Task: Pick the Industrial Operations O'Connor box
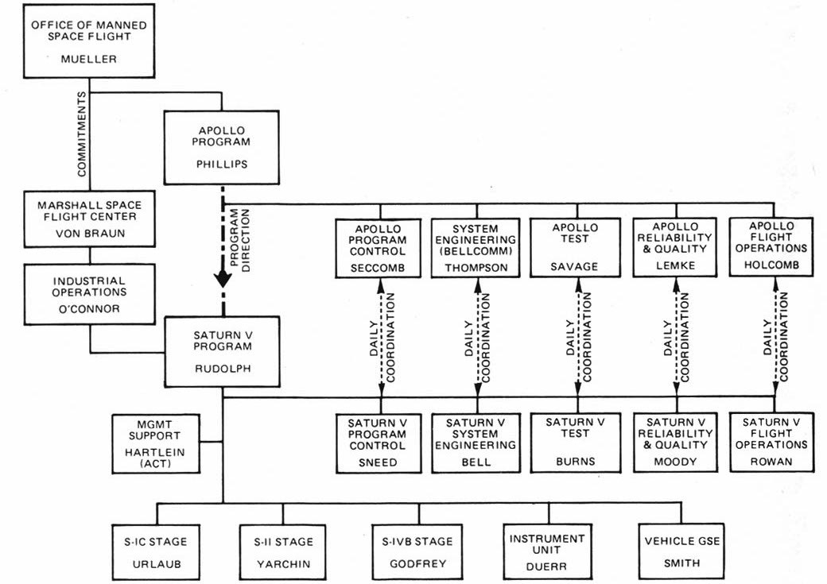[89, 293]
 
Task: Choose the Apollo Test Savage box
[575, 247]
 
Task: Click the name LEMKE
[676, 268]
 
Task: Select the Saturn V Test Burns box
[575, 443]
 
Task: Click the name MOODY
[676, 462]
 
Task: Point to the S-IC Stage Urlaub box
[161, 552]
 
